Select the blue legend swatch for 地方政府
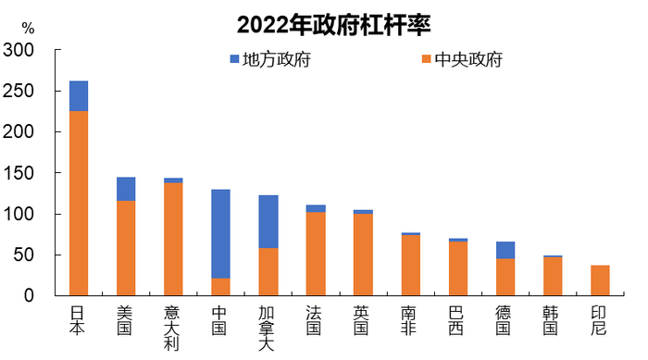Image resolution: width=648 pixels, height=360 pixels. [235, 61]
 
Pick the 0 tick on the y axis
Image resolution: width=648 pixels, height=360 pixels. [30, 295]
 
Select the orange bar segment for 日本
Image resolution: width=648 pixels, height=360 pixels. [79, 203]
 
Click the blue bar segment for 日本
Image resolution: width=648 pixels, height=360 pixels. [79, 96]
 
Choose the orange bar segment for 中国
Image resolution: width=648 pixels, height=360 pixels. [220, 287]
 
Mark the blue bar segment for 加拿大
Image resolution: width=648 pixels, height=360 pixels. [268, 222]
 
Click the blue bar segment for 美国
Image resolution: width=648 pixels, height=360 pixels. [126, 190]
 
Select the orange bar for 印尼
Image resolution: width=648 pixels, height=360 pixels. [600, 280]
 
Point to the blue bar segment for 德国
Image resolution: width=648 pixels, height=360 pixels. [505, 250]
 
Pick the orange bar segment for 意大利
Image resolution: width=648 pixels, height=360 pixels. [173, 239]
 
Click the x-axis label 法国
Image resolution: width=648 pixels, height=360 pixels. [316, 319]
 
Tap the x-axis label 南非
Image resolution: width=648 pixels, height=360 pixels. [410, 319]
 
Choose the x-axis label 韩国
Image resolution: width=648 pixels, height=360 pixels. [553, 319]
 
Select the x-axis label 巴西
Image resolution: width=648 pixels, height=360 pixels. [457, 319]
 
